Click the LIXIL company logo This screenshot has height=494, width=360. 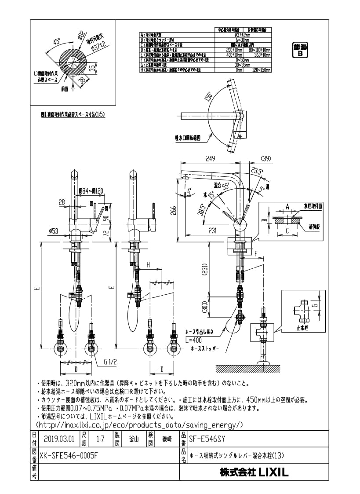pyautogui.click(x=254, y=473)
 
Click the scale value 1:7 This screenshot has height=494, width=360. pyautogui.click(x=100, y=439)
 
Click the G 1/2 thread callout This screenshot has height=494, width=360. pyautogui.click(x=111, y=362)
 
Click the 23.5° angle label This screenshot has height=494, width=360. pyautogui.click(x=257, y=171)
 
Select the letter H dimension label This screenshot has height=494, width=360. pyautogui.click(x=149, y=265)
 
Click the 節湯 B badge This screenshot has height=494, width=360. pyautogui.click(x=301, y=50)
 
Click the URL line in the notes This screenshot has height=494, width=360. pyautogui.click(x=139, y=425)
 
